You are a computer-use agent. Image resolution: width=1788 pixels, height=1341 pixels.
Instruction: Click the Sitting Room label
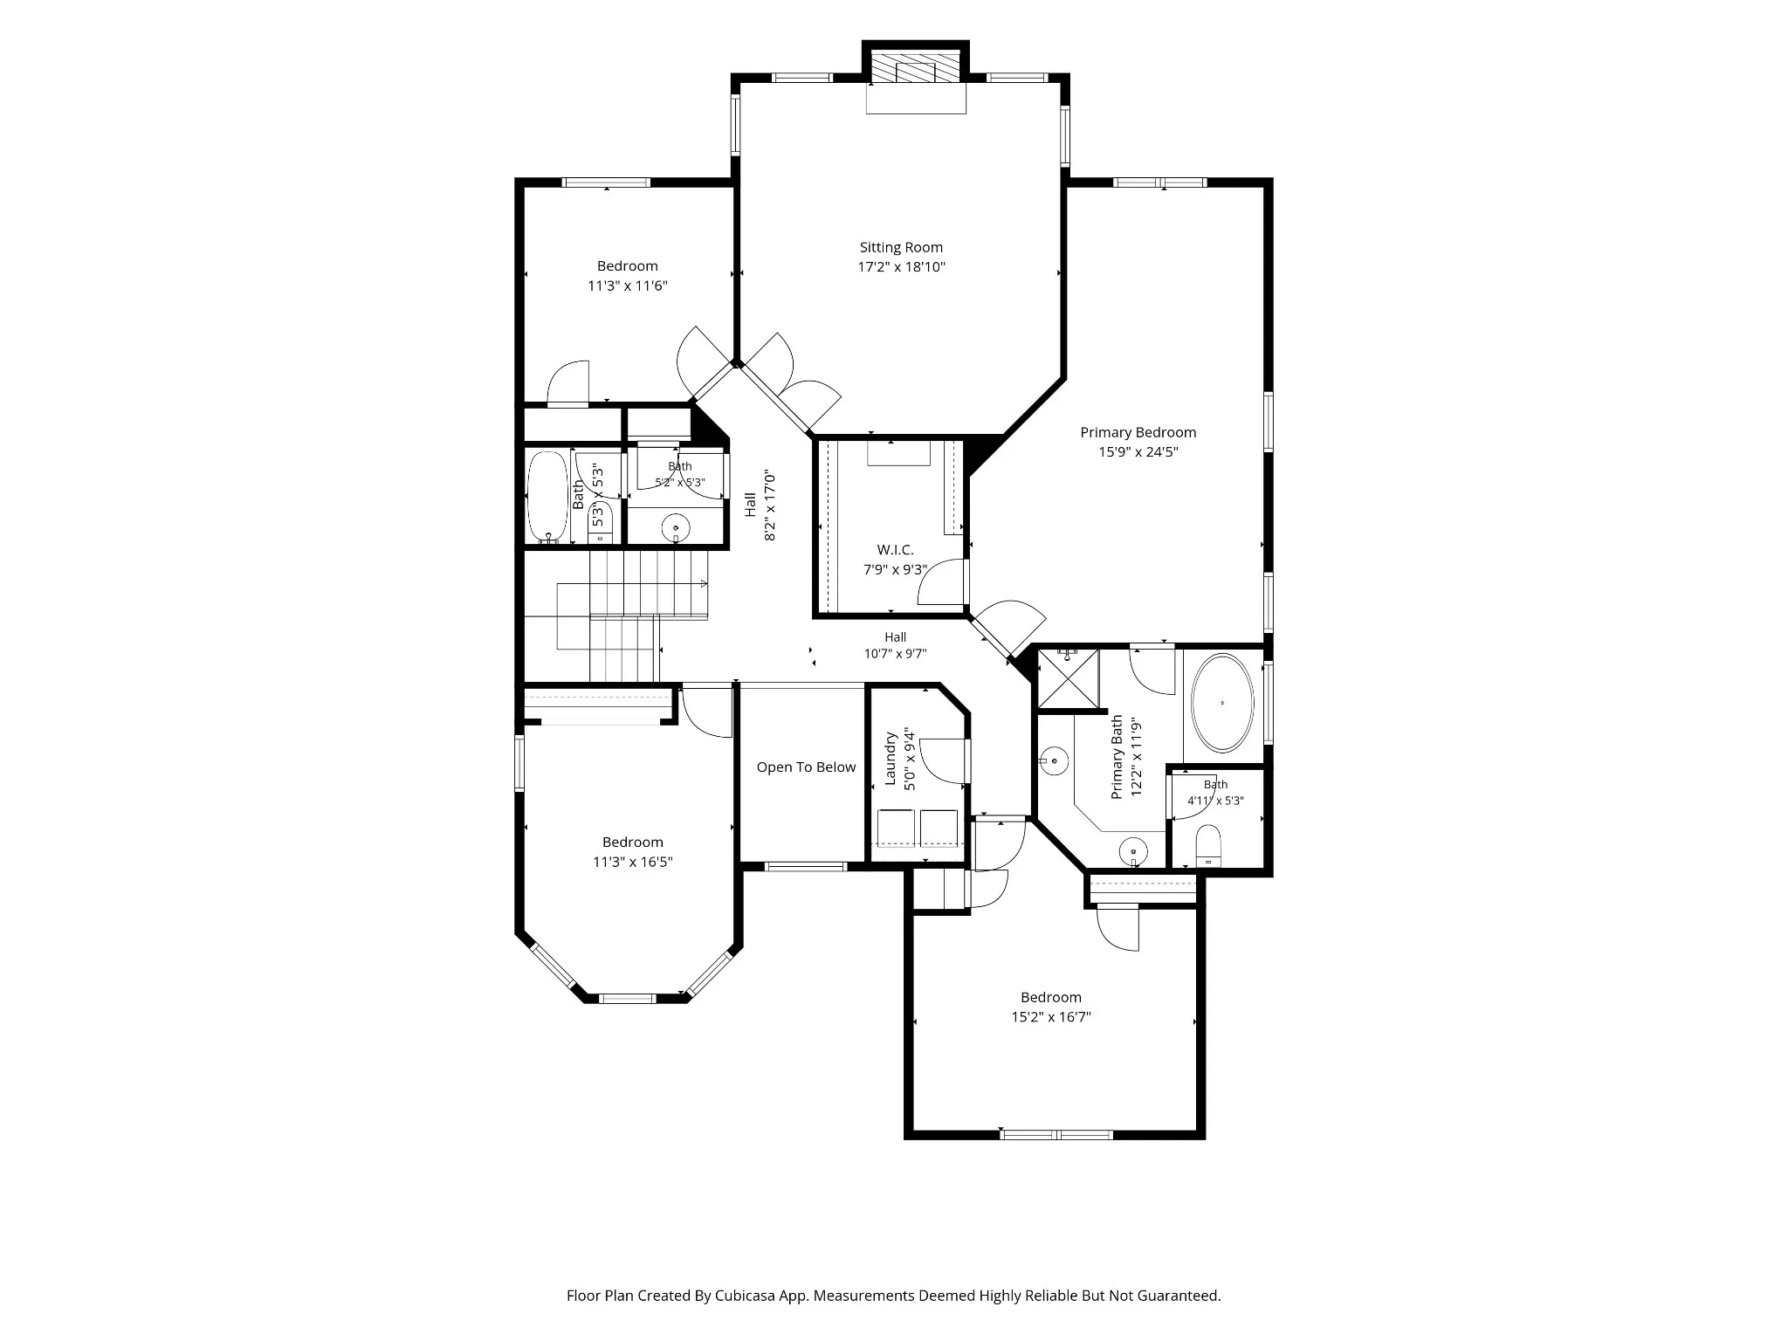pos(901,247)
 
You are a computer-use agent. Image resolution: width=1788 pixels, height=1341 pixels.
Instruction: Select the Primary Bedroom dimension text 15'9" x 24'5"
pos(1138,451)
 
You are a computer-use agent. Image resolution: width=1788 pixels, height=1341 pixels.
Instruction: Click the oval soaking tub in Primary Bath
pos(1222,703)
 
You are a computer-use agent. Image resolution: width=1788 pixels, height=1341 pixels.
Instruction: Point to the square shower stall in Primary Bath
pos(1067,679)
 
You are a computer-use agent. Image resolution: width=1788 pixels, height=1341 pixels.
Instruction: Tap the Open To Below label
pos(806,767)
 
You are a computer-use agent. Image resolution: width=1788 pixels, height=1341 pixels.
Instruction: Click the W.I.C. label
pos(895,550)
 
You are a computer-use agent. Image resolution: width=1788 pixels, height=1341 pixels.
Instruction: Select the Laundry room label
pos(891,759)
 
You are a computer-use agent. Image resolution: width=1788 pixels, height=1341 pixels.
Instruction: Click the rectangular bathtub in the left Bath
pos(547,497)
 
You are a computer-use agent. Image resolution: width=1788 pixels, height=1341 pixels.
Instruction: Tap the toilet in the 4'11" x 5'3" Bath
pos(1209,845)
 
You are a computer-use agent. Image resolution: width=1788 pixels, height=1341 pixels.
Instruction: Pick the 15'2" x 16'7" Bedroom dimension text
pos(1051,1016)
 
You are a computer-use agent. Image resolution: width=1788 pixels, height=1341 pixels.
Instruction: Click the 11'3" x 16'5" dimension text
pos(633,862)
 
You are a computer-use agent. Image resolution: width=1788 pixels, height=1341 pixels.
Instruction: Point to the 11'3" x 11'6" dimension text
pos(628,285)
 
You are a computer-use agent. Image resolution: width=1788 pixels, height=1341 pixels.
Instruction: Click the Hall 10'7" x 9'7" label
pos(895,645)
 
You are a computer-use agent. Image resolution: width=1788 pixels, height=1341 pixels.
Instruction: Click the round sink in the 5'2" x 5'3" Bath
pos(675,529)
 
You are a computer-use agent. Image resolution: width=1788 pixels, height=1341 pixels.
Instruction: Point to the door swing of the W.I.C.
pos(940,581)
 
